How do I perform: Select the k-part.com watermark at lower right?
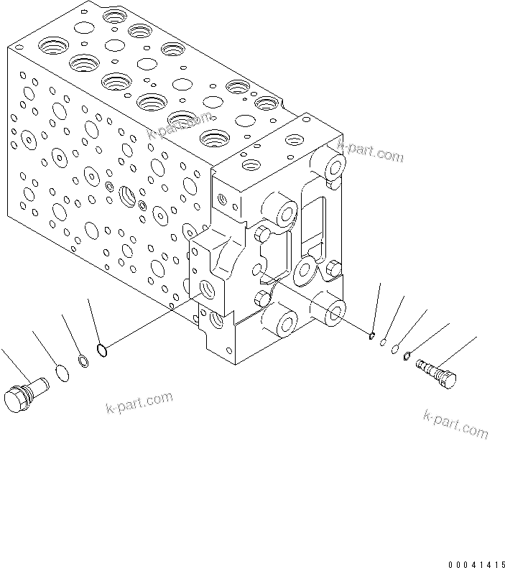tap(455, 424)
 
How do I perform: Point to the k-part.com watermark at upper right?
tap(371, 152)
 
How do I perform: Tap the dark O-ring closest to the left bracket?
tap(102, 350)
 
